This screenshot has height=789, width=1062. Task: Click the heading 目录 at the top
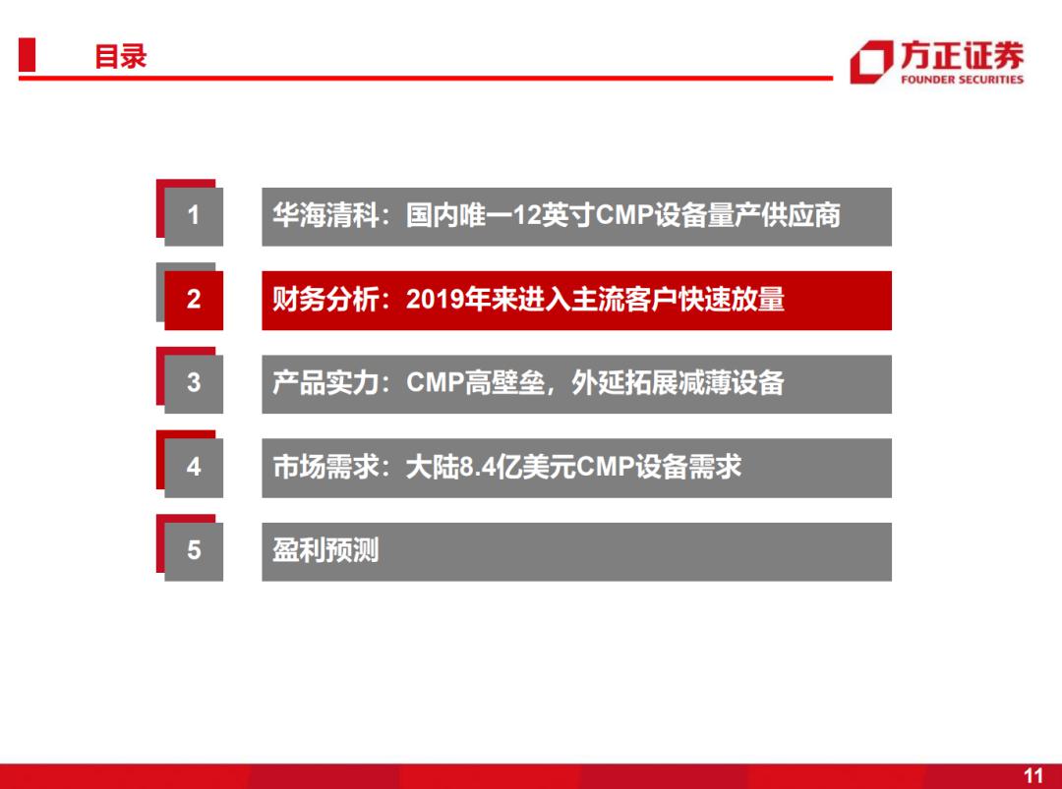121,56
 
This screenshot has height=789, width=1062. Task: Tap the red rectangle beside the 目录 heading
28,54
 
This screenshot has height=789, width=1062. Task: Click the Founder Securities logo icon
871,62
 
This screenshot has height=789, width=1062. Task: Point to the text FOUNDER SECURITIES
962,80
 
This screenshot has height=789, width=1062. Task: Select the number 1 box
194,216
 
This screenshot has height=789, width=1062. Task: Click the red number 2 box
194,301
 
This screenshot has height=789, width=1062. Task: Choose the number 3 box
194,383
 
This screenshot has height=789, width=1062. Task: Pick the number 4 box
194,468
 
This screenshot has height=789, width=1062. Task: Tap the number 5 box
194,551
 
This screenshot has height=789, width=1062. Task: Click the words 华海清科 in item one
325,215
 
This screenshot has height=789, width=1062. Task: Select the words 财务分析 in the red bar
325,299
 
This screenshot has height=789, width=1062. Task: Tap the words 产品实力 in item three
325,383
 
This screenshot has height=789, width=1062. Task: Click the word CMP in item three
435,383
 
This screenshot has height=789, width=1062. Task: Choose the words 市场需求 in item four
325,467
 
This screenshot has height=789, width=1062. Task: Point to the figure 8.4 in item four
478,467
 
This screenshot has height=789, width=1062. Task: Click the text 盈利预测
325,550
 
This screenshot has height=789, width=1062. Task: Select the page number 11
1033,775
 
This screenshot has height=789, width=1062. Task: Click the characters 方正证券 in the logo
962,55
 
